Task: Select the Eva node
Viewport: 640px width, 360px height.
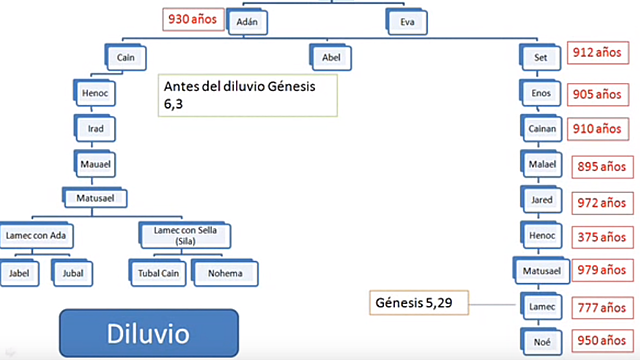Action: click(407, 19)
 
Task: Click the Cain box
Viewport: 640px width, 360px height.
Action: click(126, 58)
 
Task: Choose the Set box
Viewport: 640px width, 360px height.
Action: click(541, 57)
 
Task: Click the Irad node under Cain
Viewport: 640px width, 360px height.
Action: click(96, 128)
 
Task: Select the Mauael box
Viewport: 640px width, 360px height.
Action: click(96, 163)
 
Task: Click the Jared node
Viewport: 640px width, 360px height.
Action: click(541, 200)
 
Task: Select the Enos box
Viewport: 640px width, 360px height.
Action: click(541, 94)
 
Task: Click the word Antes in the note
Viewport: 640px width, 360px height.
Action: click(188, 86)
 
